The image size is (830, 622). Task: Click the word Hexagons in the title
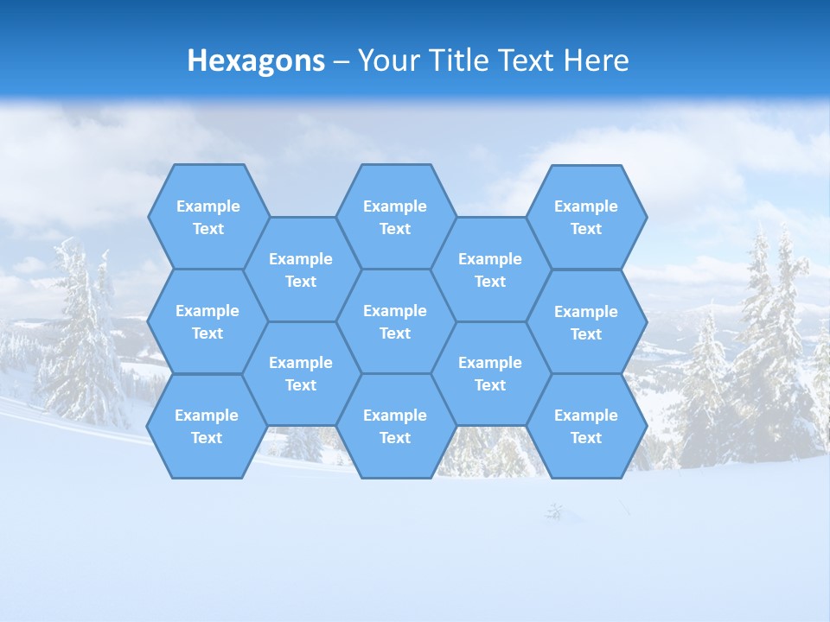(256, 60)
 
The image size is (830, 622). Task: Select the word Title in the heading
(457, 60)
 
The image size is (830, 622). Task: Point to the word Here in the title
(596, 60)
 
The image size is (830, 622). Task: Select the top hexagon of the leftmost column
(207, 217)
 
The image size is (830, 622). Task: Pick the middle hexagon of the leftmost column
(207, 321)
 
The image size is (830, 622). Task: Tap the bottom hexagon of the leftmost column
(207, 426)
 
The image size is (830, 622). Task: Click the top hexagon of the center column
(395, 217)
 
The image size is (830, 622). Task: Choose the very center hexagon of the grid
(395, 321)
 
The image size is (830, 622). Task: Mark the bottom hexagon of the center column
(395, 426)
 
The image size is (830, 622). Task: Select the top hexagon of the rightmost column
(586, 217)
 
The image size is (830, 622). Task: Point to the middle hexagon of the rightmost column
(586, 322)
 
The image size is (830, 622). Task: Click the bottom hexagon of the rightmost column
(586, 426)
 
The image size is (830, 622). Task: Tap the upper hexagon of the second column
(301, 270)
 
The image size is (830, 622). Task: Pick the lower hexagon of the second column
(301, 373)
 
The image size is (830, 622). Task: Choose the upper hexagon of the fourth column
(490, 270)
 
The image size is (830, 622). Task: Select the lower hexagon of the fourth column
(490, 373)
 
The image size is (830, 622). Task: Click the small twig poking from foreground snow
(554, 511)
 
